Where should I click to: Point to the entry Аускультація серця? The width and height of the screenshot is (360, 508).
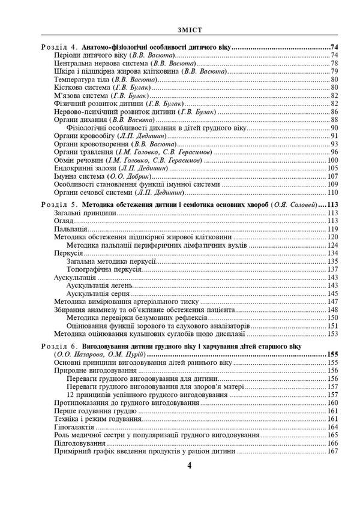[99, 294]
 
